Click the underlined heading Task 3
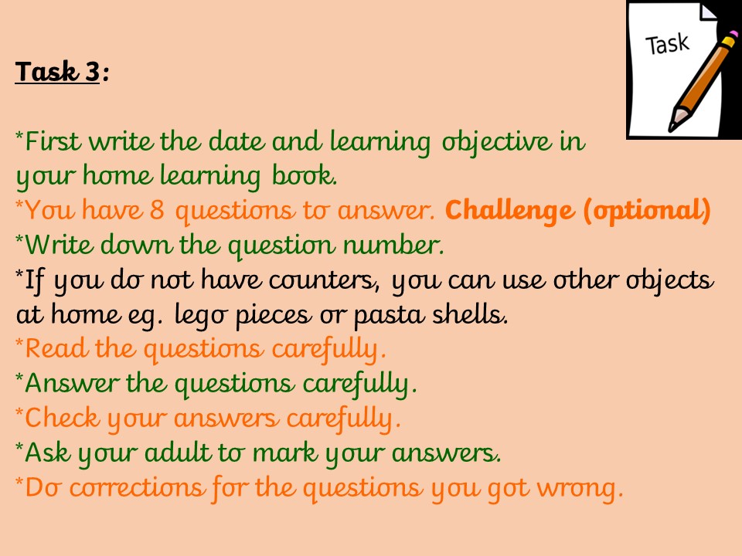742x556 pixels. [57, 72]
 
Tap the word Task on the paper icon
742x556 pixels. [667, 44]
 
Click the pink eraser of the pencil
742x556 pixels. [732, 35]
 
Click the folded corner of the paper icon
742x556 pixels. [708, 12]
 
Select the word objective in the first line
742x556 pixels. [496, 142]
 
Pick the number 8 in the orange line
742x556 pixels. [157, 210]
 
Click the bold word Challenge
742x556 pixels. [509, 210]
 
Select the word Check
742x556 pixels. [62, 418]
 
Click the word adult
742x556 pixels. [178, 453]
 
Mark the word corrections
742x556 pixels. [138, 487]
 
